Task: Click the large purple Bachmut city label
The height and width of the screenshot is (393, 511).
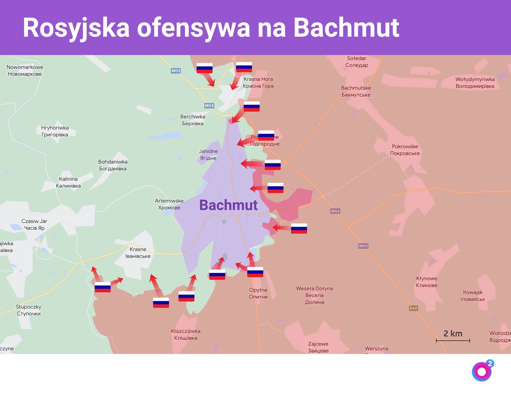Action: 228,205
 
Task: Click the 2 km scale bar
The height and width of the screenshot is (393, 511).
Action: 453,340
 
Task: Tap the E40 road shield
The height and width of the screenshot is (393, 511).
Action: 414,308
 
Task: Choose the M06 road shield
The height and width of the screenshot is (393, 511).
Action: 335,211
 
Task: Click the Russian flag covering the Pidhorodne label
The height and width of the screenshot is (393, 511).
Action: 266,135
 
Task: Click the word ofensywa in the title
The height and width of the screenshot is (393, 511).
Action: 193,28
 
